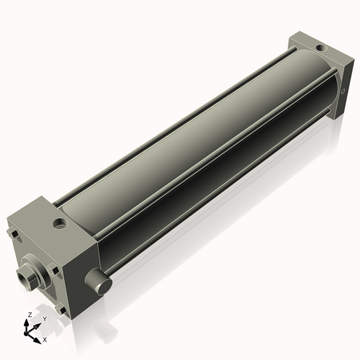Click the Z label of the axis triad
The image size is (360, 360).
28,315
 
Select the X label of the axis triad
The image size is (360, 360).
45,338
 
